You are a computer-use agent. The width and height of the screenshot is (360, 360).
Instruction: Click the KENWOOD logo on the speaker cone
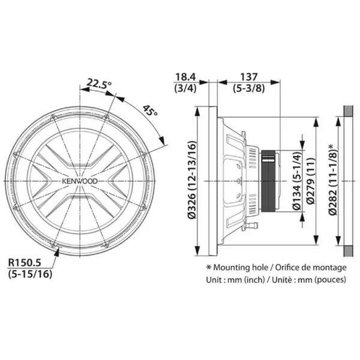(x=80, y=181)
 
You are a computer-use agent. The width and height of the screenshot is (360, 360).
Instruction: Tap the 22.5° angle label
(x=99, y=84)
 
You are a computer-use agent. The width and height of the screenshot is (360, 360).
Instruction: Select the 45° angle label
(x=150, y=111)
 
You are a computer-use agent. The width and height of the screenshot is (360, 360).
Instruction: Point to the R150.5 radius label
(x=25, y=263)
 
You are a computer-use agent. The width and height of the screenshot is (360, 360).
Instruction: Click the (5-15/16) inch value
(x=30, y=274)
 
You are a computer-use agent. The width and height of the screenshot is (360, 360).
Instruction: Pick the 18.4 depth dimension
(x=185, y=77)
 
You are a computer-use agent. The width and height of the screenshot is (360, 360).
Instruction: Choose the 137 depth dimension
(x=249, y=77)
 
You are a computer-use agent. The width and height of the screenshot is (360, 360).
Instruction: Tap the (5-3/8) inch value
(x=249, y=88)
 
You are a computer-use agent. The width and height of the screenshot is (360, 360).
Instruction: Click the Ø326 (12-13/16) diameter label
(x=192, y=180)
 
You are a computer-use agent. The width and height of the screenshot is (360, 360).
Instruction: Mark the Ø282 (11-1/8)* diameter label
(x=332, y=179)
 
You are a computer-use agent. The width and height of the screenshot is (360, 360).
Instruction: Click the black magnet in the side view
(x=268, y=181)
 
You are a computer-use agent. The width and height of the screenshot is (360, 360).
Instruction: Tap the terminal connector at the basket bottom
(x=251, y=226)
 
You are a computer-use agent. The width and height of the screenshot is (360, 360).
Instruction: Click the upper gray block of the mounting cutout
(x=348, y=111)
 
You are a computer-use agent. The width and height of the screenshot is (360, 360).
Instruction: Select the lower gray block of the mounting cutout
(x=348, y=251)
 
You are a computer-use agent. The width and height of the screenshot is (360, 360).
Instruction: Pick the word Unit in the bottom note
(x=214, y=280)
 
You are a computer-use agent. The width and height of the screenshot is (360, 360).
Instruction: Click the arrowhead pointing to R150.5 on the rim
(x=56, y=252)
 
